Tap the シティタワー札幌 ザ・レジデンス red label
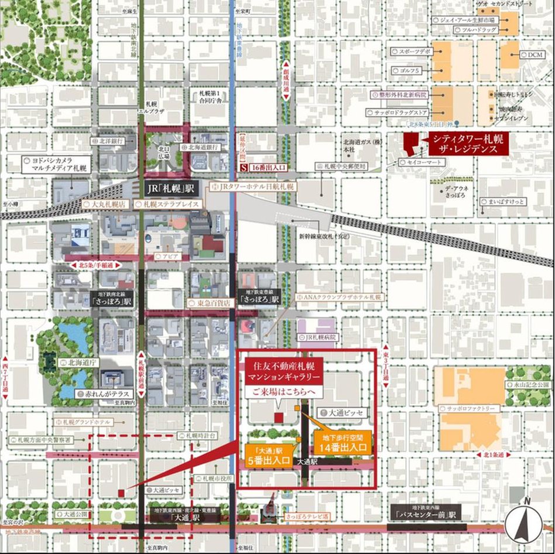point(468,144)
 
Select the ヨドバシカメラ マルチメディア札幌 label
point(57,163)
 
